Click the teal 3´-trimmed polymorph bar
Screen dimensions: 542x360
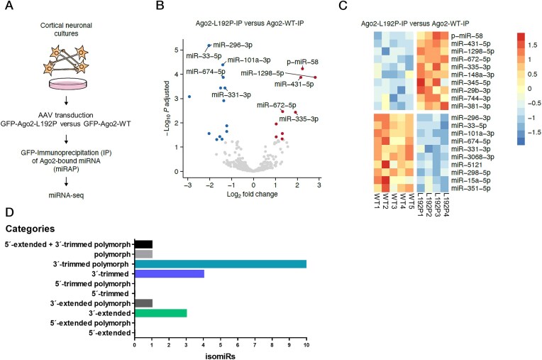pos(221,264)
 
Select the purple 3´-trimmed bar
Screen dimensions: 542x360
pos(170,274)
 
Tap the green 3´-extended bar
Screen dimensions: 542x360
pos(161,313)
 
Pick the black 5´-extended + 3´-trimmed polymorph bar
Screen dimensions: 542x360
pos(143,244)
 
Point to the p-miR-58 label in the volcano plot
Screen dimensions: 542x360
pos(302,62)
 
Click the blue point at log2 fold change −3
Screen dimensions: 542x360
pos(189,97)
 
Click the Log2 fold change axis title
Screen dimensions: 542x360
pos(252,195)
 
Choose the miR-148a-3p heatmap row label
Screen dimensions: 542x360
pos(472,75)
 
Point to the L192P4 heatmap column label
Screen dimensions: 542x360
pos(446,204)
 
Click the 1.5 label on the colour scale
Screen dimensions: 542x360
pos(533,45)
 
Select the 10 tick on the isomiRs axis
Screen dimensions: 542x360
pos(306,345)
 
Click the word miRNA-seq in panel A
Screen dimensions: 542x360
pos(66,195)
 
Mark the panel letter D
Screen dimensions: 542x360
pos(9,212)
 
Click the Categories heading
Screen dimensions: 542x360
pos(30,229)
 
